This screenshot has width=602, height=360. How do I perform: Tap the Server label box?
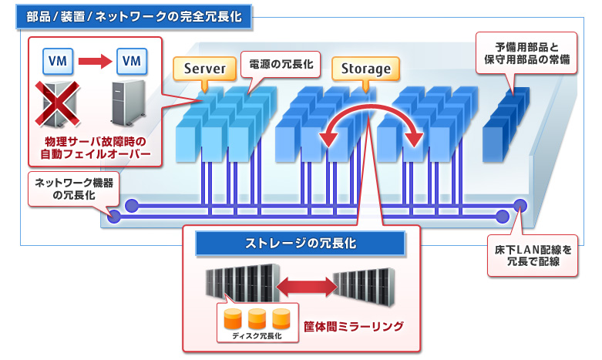click(x=204, y=69)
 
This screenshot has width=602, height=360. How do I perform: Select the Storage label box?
click(x=366, y=69)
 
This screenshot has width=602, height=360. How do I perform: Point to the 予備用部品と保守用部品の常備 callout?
click(x=526, y=52)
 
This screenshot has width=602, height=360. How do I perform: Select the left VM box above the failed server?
click(x=56, y=59)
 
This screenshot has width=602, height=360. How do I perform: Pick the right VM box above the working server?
click(x=133, y=59)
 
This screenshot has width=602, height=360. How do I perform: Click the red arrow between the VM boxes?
click(x=94, y=59)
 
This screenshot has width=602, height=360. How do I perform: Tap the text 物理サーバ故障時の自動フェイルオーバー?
click(x=95, y=150)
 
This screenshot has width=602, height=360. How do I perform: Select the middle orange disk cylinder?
click(x=257, y=317)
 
